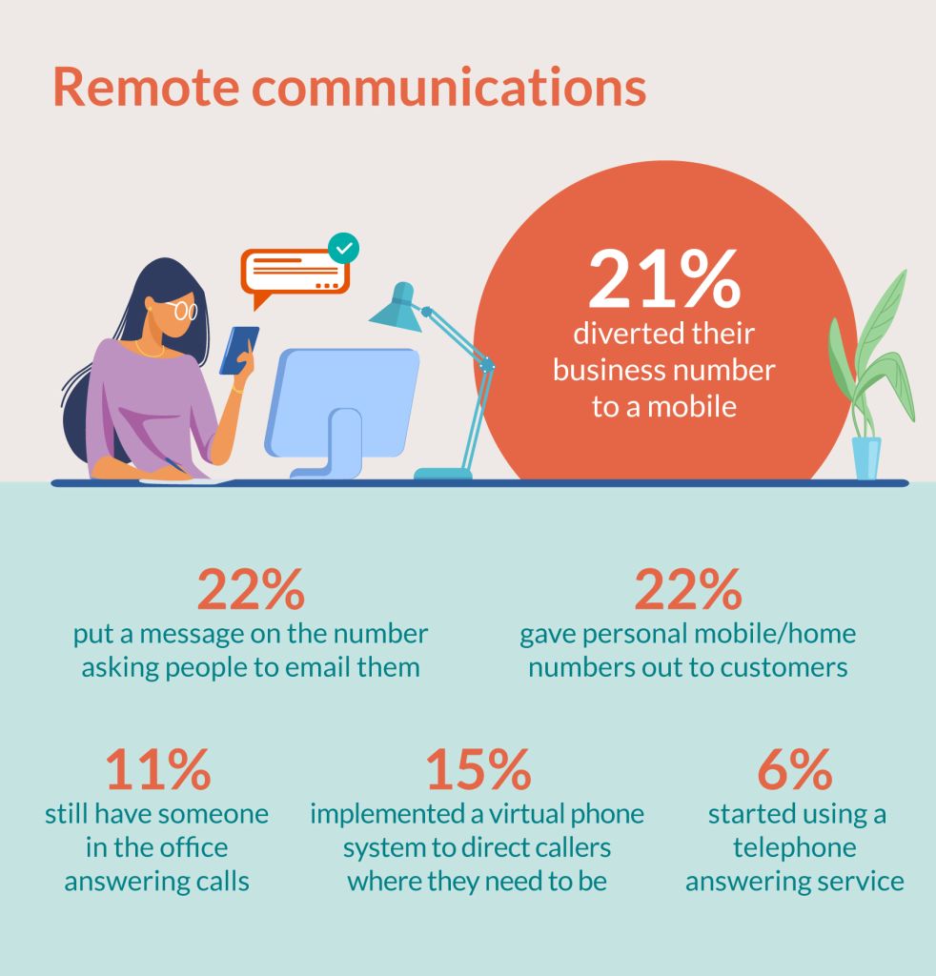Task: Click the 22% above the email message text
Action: click(x=251, y=590)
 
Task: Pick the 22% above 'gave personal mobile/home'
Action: click(x=687, y=590)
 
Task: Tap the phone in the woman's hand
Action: click(x=238, y=350)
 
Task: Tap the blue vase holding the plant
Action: click(x=866, y=457)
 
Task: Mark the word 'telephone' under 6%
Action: click(x=794, y=847)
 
